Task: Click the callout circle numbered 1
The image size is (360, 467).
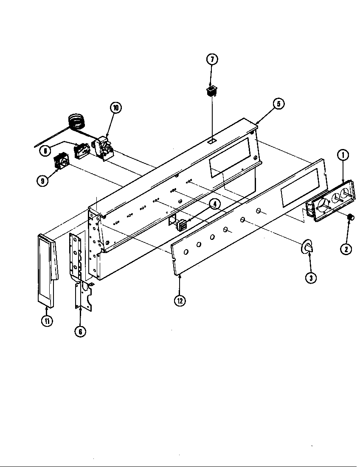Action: [x=343, y=155]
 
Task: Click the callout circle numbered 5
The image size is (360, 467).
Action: [x=278, y=104]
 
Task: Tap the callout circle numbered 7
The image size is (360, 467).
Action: [x=212, y=60]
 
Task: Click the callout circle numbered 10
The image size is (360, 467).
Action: [x=115, y=108]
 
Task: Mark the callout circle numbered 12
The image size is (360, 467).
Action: [x=180, y=301]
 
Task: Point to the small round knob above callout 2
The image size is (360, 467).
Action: [x=351, y=217]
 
